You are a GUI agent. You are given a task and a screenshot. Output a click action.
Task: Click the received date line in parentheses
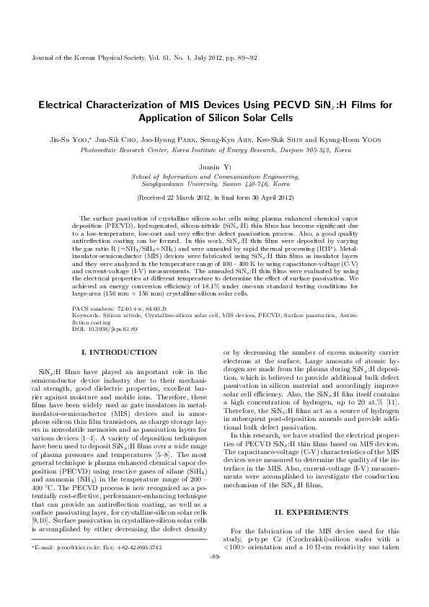pyautogui.click(x=214, y=198)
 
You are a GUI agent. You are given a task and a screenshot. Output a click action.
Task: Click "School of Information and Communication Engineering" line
pyautogui.click(x=214, y=175)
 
